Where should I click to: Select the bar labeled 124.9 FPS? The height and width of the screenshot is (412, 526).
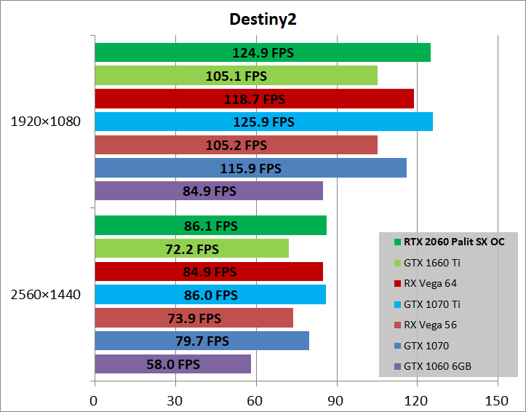click(262, 52)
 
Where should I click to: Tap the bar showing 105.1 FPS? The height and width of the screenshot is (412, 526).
click(236, 76)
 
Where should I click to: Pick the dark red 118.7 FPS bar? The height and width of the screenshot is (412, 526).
click(254, 99)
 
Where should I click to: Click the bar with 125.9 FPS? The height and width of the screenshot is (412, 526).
click(263, 122)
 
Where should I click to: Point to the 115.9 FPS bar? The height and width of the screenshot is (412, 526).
click(250, 168)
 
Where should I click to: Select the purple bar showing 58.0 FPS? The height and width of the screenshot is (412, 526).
click(172, 364)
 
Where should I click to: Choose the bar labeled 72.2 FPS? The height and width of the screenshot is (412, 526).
click(191, 249)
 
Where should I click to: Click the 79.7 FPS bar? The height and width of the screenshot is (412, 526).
click(202, 341)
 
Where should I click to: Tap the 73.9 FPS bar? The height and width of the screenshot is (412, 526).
click(194, 318)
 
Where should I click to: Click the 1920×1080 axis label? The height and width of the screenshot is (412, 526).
click(45, 122)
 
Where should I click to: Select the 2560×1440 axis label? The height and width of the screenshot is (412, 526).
click(45, 295)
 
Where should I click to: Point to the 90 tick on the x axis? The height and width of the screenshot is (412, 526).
click(335, 400)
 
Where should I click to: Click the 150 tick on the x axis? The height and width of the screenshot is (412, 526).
click(497, 400)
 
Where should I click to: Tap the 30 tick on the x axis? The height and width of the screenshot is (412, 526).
click(174, 400)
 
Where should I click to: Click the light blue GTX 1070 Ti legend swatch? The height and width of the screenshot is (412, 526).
click(397, 304)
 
